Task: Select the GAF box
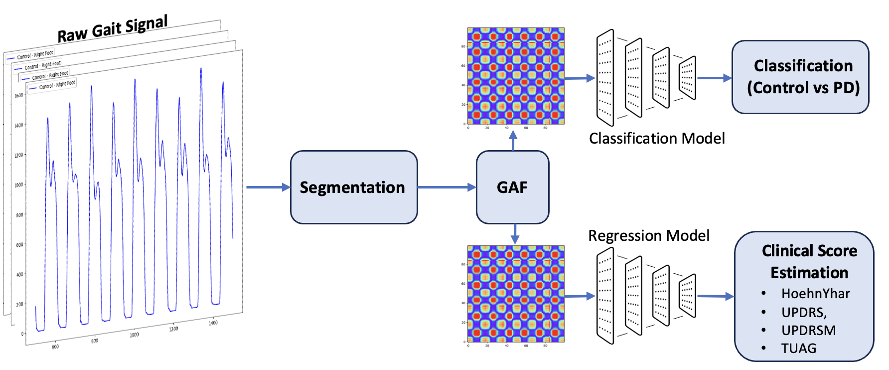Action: pos(512,187)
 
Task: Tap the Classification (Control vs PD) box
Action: pos(800,77)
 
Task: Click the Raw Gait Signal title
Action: pos(113,29)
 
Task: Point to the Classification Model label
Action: pos(657,139)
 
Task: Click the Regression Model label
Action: pos(649,236)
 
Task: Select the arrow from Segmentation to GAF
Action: pos(446,187)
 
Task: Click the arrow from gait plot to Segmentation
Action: pos(268,187)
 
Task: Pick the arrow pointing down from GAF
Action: pos(515,233)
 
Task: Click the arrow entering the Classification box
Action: pos(714,78)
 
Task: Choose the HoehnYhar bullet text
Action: pos(815,294)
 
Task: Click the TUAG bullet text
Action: pos(798,349)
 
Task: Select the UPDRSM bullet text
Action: pos(808,331)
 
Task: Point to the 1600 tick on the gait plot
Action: pos(18,95)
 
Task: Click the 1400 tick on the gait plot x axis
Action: pos(213,323)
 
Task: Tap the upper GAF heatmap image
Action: pos(516,76)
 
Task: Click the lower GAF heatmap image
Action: pos(516,294)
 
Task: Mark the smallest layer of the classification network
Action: pos(687,78)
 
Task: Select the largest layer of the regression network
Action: pos(605,296)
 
